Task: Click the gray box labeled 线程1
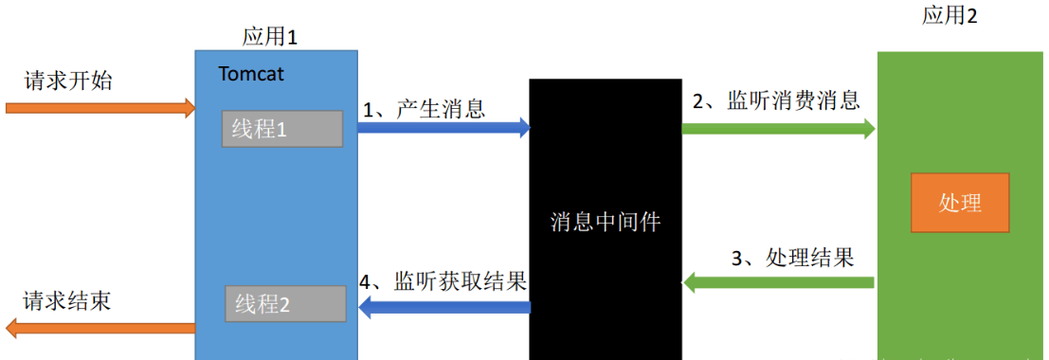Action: click(x=282, y=129)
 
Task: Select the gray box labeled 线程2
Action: click(x=284, y=303)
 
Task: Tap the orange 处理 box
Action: click(x=959, y=203)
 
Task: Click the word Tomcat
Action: click(x=251, y=73)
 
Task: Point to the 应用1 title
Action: click(x=271, y=37)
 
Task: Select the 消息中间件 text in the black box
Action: click(x=605, y=222)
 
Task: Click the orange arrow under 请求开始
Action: click(x=99, y=107)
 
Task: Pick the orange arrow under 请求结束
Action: click(x=99, y=328)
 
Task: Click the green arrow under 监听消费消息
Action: click(x=778, y=129)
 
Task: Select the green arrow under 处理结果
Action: click(x=778, y=281)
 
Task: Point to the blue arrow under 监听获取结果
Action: click(x=443, y=305)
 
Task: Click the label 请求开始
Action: click(x=68, y=81)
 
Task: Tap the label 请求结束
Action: click(x=67, y=301)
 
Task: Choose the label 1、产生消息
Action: click(x=424, y=109)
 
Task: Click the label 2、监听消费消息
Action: click(x=775, y=100)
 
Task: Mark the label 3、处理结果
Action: click(x=792, y=257)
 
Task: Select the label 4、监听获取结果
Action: click(x=443, y=280)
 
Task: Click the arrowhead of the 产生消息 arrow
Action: click(x=523, y=128)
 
